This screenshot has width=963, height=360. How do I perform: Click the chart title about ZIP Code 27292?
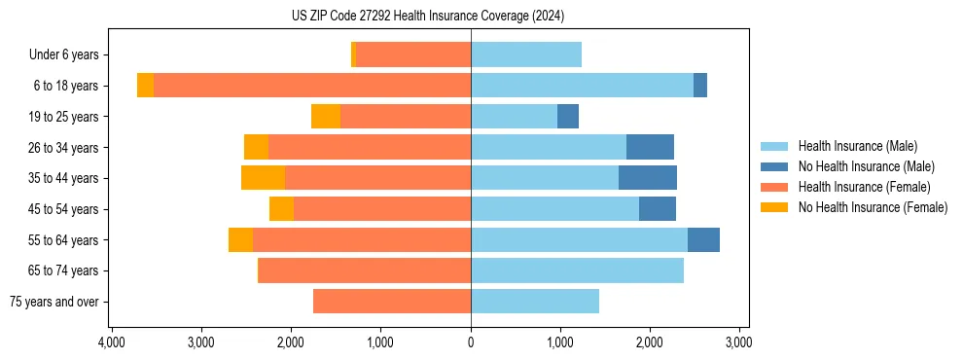tap(427, 17)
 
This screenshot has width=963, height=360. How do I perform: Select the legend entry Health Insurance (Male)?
tap(857, 146)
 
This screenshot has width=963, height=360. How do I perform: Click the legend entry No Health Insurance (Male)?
tap(866, 166)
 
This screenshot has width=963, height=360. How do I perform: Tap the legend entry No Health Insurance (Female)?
tap(873, 207)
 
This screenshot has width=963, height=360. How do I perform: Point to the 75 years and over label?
tap(53, 302)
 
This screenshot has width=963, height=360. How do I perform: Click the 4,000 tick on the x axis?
tap(112, 342)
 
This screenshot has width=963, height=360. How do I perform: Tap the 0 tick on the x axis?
tap(471, 342)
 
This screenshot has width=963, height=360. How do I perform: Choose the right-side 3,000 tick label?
tap(739, 342)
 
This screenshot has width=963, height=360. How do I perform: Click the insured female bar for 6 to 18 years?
tap(311, 86)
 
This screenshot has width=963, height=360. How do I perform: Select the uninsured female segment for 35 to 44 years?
tap(263, 178)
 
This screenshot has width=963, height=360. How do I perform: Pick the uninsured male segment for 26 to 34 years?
tap(650, 148)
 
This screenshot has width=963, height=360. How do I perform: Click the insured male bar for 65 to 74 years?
tap(577, 270)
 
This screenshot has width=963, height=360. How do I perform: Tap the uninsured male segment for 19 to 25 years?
tap(568, 117)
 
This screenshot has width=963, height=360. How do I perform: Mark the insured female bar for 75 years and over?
tap(392, 302)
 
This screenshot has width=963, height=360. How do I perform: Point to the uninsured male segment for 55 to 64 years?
tap(703, 240)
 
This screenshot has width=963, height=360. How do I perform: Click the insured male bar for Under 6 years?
tap(526, 55)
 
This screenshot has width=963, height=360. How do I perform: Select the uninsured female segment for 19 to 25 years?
tap(326, 117)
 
